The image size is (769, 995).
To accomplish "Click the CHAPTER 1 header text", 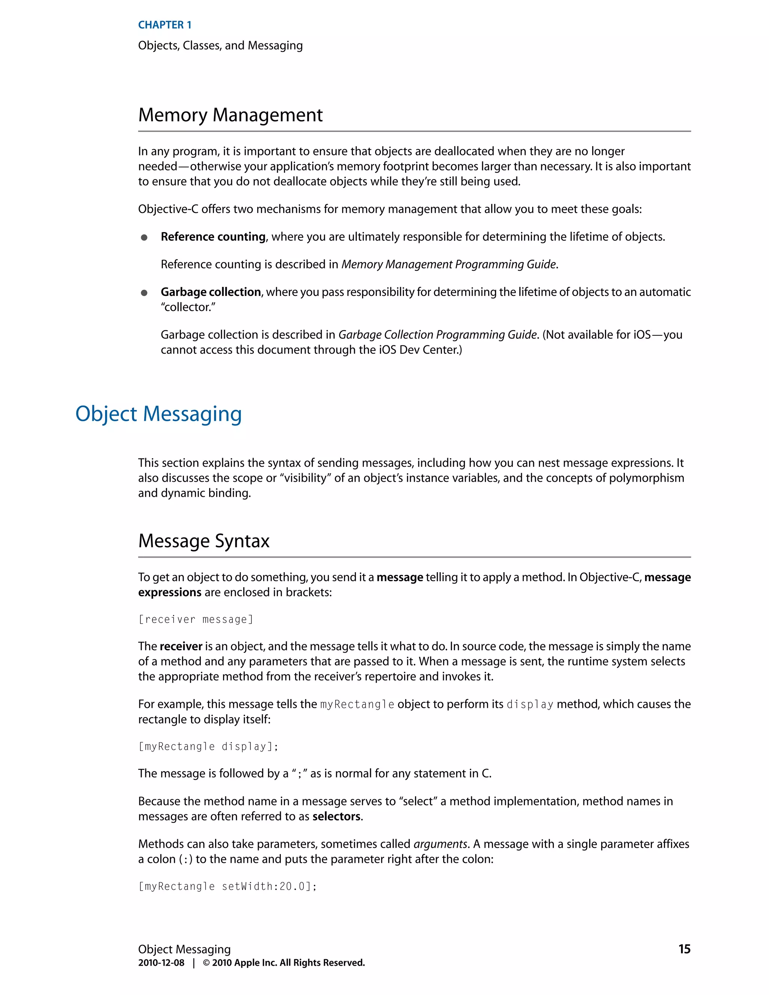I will coord(164,25).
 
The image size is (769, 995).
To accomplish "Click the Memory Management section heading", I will coord(230,115).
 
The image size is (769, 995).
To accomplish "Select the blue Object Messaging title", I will coord(158,414).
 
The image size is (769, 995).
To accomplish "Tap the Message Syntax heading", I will coord(204,541).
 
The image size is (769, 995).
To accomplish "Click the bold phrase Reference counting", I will coord(213,237).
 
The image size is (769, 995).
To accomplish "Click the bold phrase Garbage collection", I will coord(211,292).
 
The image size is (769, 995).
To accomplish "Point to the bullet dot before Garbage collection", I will coord(144,293).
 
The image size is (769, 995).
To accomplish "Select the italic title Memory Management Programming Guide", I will coord(449,265).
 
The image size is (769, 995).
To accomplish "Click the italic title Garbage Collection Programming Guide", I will coord(437,335).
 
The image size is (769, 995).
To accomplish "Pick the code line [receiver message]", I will coord(195,620).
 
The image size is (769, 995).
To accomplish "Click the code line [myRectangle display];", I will coord(208,747).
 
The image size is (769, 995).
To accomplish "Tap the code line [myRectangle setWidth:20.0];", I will coord(227,886).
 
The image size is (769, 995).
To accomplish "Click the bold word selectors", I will coord(336,816).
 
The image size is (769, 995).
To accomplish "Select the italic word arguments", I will coord(440,844).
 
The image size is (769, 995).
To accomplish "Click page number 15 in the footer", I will coord(684,949).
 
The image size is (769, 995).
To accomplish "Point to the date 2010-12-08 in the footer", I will coord(161,963).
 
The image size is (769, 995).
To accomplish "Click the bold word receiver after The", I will coord(181,647).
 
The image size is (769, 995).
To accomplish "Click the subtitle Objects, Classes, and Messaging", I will coord(220,45).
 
